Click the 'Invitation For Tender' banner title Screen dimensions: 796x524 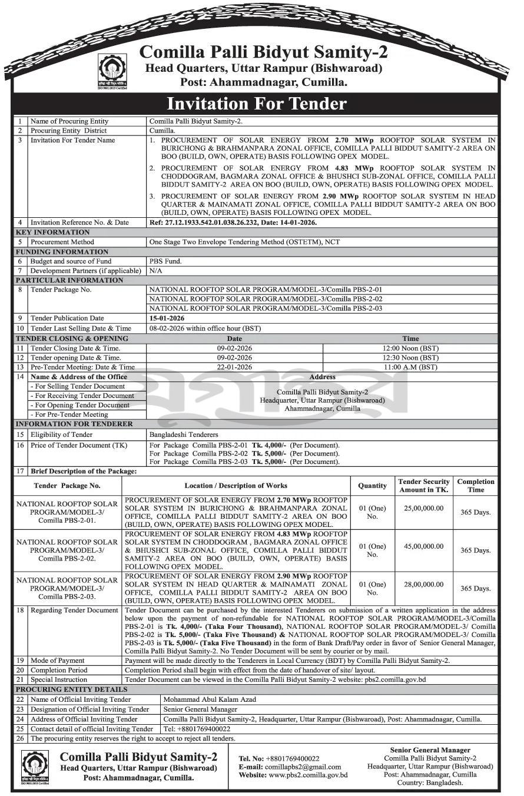pos(256,104)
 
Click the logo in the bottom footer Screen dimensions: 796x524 pos(35,768)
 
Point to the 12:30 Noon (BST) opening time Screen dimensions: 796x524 pos(410,357)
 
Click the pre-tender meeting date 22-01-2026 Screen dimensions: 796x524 pos(234,367)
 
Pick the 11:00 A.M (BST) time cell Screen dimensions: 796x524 pos(410,367)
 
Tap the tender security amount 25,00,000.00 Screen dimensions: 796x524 pos(423,508)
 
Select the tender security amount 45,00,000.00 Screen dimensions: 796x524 pos(423,546)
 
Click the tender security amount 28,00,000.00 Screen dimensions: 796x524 pos(423,584)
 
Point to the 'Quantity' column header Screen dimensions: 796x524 pos(372,486)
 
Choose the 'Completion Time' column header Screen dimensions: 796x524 pos(476,486)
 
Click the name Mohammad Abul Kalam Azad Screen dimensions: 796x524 pos(210,699)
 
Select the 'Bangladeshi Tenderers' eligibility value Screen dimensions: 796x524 pos(184,435)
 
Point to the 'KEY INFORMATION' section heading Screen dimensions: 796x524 pos(52,233)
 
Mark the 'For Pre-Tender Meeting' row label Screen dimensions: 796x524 pos(71,414)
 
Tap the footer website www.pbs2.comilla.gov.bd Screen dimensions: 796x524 pos(308,775)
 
